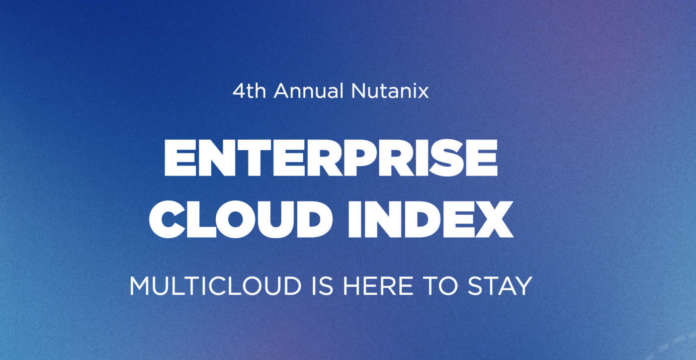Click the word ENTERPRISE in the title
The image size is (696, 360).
tap(330, 160)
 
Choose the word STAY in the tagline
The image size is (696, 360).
tap(500, 285)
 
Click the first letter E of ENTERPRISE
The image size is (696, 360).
tap(180, 160)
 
